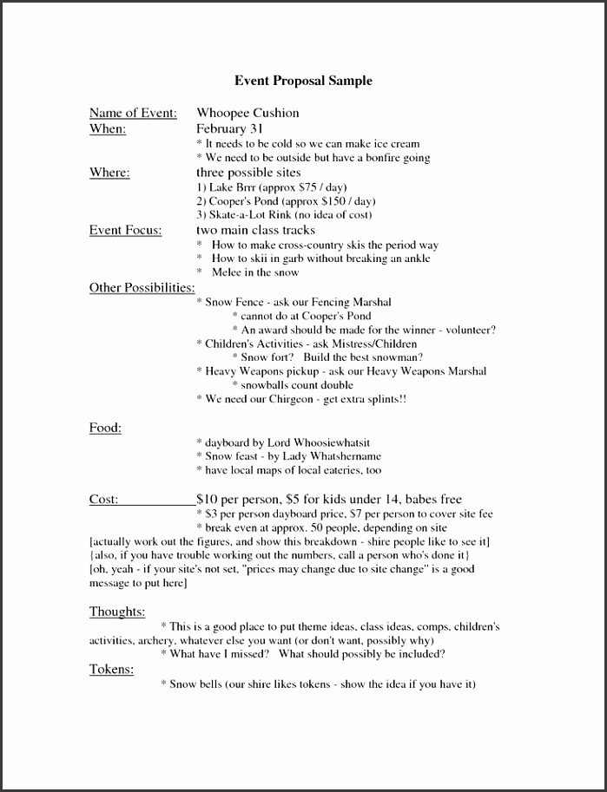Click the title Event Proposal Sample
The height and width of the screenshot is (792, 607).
303,81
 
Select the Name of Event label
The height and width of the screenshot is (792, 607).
133,113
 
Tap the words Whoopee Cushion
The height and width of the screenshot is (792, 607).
247,113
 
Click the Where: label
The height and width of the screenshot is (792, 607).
109,173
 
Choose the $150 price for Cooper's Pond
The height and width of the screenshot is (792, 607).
327,201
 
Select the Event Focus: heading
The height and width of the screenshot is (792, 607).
124,230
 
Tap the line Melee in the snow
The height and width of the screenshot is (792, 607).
255,272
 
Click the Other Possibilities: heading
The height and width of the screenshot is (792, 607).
142,288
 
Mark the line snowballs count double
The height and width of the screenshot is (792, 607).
297,385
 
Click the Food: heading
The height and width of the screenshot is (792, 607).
105,428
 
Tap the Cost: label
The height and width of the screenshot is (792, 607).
104,499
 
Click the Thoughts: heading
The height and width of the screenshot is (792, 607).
117,612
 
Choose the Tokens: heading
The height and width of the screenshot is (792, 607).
111,669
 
